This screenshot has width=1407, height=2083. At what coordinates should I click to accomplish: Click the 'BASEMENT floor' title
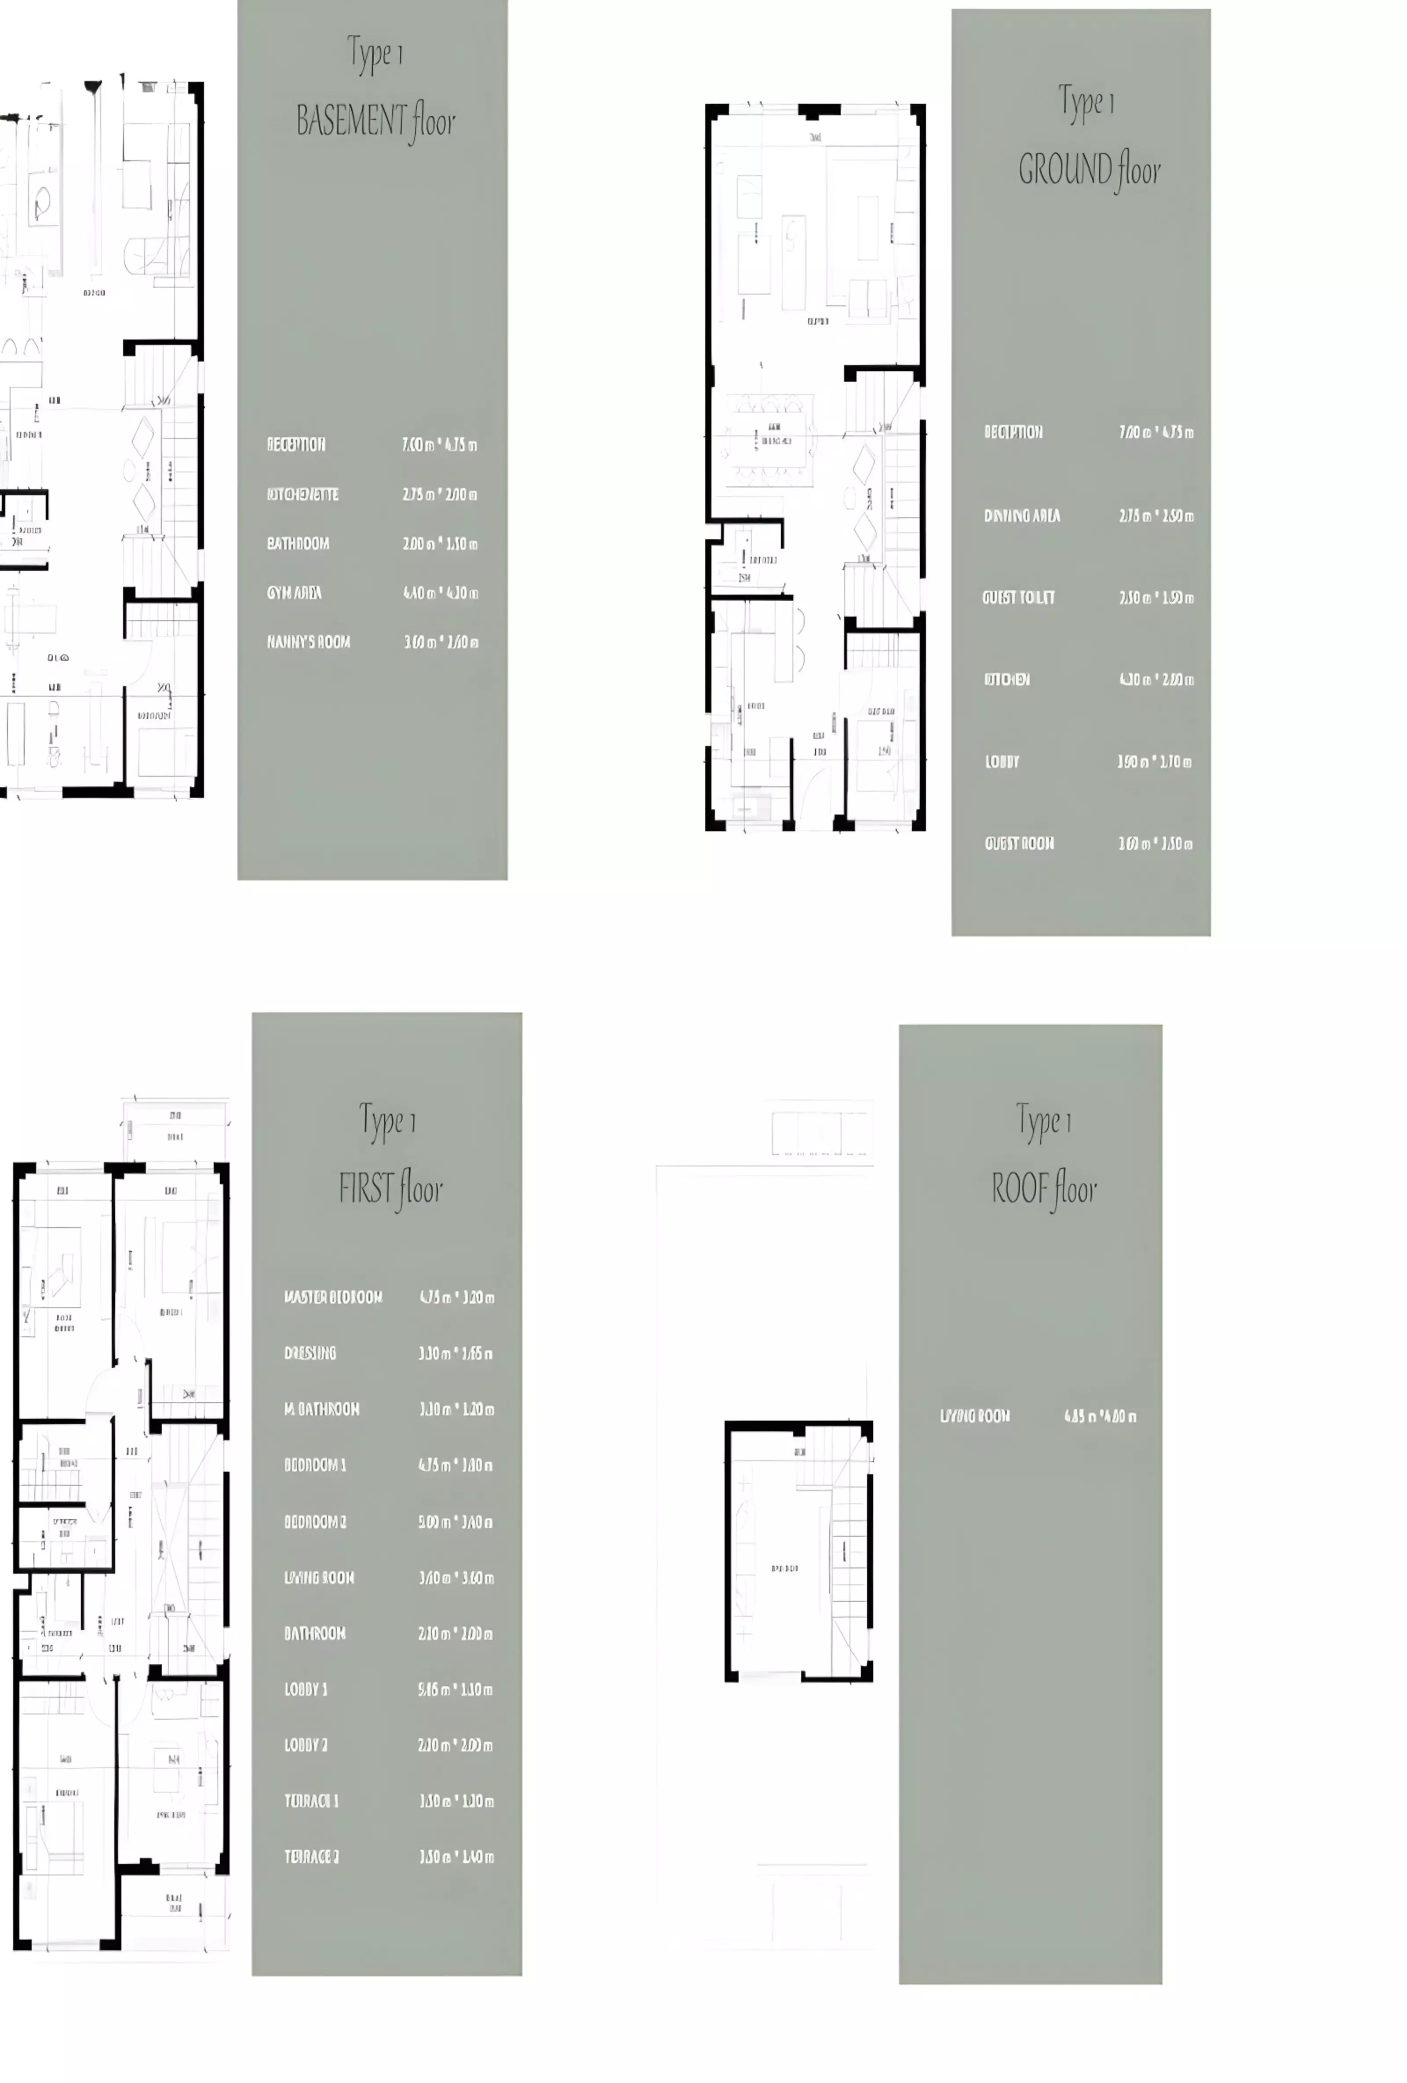[x=375, y=121]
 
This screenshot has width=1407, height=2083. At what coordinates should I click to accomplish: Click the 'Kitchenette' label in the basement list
[x=303, y=494]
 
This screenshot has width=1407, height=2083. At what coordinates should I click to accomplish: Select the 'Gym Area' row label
[x=294, y=592]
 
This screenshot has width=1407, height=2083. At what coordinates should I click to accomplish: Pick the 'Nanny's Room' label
[x=308, y=642]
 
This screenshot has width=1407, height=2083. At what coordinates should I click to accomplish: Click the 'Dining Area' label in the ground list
[x=1022, y=515]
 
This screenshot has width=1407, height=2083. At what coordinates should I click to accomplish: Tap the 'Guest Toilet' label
[x=1018, y=597]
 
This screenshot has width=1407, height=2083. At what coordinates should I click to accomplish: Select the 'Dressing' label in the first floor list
[x=310, y=1352]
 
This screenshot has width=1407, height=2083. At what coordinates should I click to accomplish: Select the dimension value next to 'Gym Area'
[x=440, y=592]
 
